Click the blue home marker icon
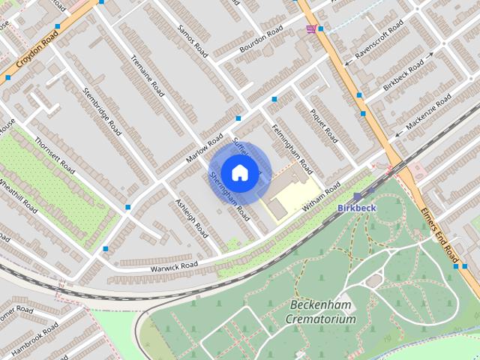pos(238,172)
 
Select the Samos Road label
pos(193,41)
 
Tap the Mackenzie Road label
pos(429,112)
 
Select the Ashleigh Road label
pos(191,218)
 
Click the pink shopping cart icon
pos(310,28)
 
